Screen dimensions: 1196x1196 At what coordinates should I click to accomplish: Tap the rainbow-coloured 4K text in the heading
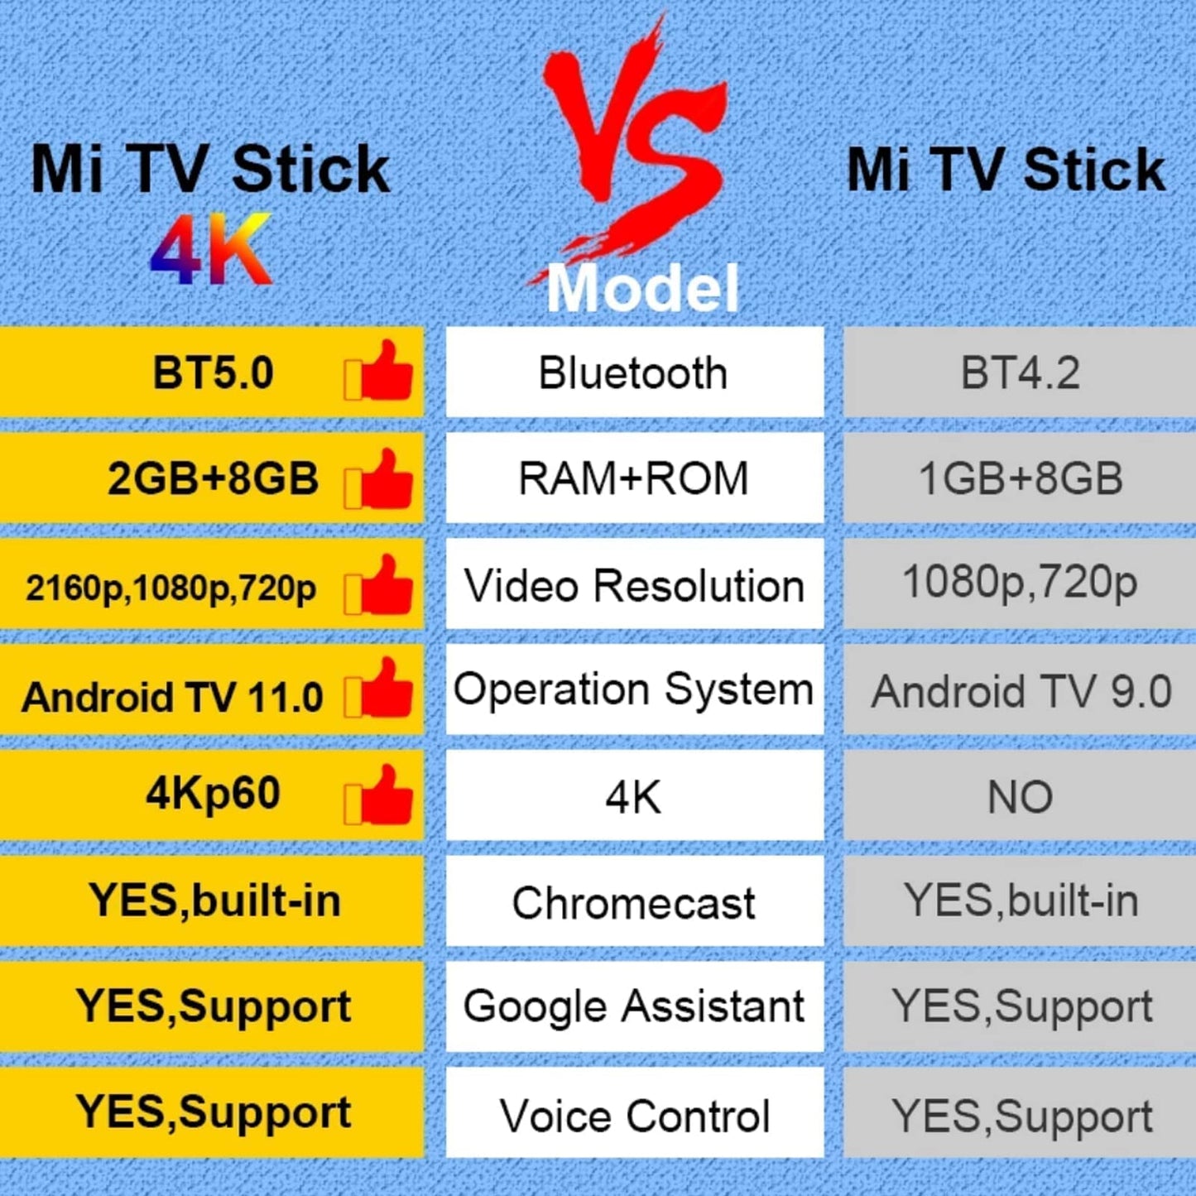212,250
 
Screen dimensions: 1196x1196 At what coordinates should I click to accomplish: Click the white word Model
642,288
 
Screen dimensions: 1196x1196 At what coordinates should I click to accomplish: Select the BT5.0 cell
212,372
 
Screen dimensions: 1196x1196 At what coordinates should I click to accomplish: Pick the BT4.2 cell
1020,372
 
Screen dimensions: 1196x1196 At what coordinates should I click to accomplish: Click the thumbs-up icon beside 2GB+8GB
380,479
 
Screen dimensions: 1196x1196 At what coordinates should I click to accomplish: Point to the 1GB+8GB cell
1020,478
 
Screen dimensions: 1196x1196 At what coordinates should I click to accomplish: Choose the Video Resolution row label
634,585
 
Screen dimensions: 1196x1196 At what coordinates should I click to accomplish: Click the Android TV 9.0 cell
1020,691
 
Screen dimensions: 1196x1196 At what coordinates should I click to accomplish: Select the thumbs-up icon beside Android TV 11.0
380,689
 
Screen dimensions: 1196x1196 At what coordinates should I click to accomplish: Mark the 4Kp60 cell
212,795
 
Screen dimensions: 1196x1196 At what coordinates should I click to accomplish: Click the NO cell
1020,797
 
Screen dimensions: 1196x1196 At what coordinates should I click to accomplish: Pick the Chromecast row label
634,902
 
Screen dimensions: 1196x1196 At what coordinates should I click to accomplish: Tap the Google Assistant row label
634,1006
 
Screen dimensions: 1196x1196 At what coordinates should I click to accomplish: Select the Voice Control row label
634,1114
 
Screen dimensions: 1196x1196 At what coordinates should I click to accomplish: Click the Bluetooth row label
634,372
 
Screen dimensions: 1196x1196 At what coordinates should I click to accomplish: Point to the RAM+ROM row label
634,478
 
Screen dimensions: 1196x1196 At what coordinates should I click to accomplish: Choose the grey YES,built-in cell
1020,901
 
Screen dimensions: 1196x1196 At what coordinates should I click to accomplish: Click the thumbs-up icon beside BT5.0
380,372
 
